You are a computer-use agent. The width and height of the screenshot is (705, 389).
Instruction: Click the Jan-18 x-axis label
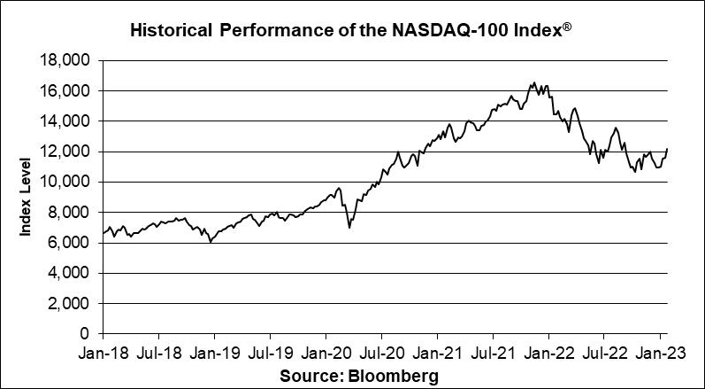[x=103, y=352]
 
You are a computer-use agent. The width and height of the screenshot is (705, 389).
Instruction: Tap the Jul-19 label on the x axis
[x=270, y=352]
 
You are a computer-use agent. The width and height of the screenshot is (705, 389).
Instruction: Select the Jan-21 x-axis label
[x=438, y=352]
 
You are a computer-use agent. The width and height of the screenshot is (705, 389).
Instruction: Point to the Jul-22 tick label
[x=604, y=352]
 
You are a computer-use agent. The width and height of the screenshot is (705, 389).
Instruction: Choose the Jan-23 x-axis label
[x=660, y=352]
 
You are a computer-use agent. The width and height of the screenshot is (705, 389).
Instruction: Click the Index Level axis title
[x=27, y=197]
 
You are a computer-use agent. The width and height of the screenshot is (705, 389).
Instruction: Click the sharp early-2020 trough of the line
[x=349, y=228]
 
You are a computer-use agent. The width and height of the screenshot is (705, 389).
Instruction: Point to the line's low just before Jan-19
[x=211, y=241]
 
